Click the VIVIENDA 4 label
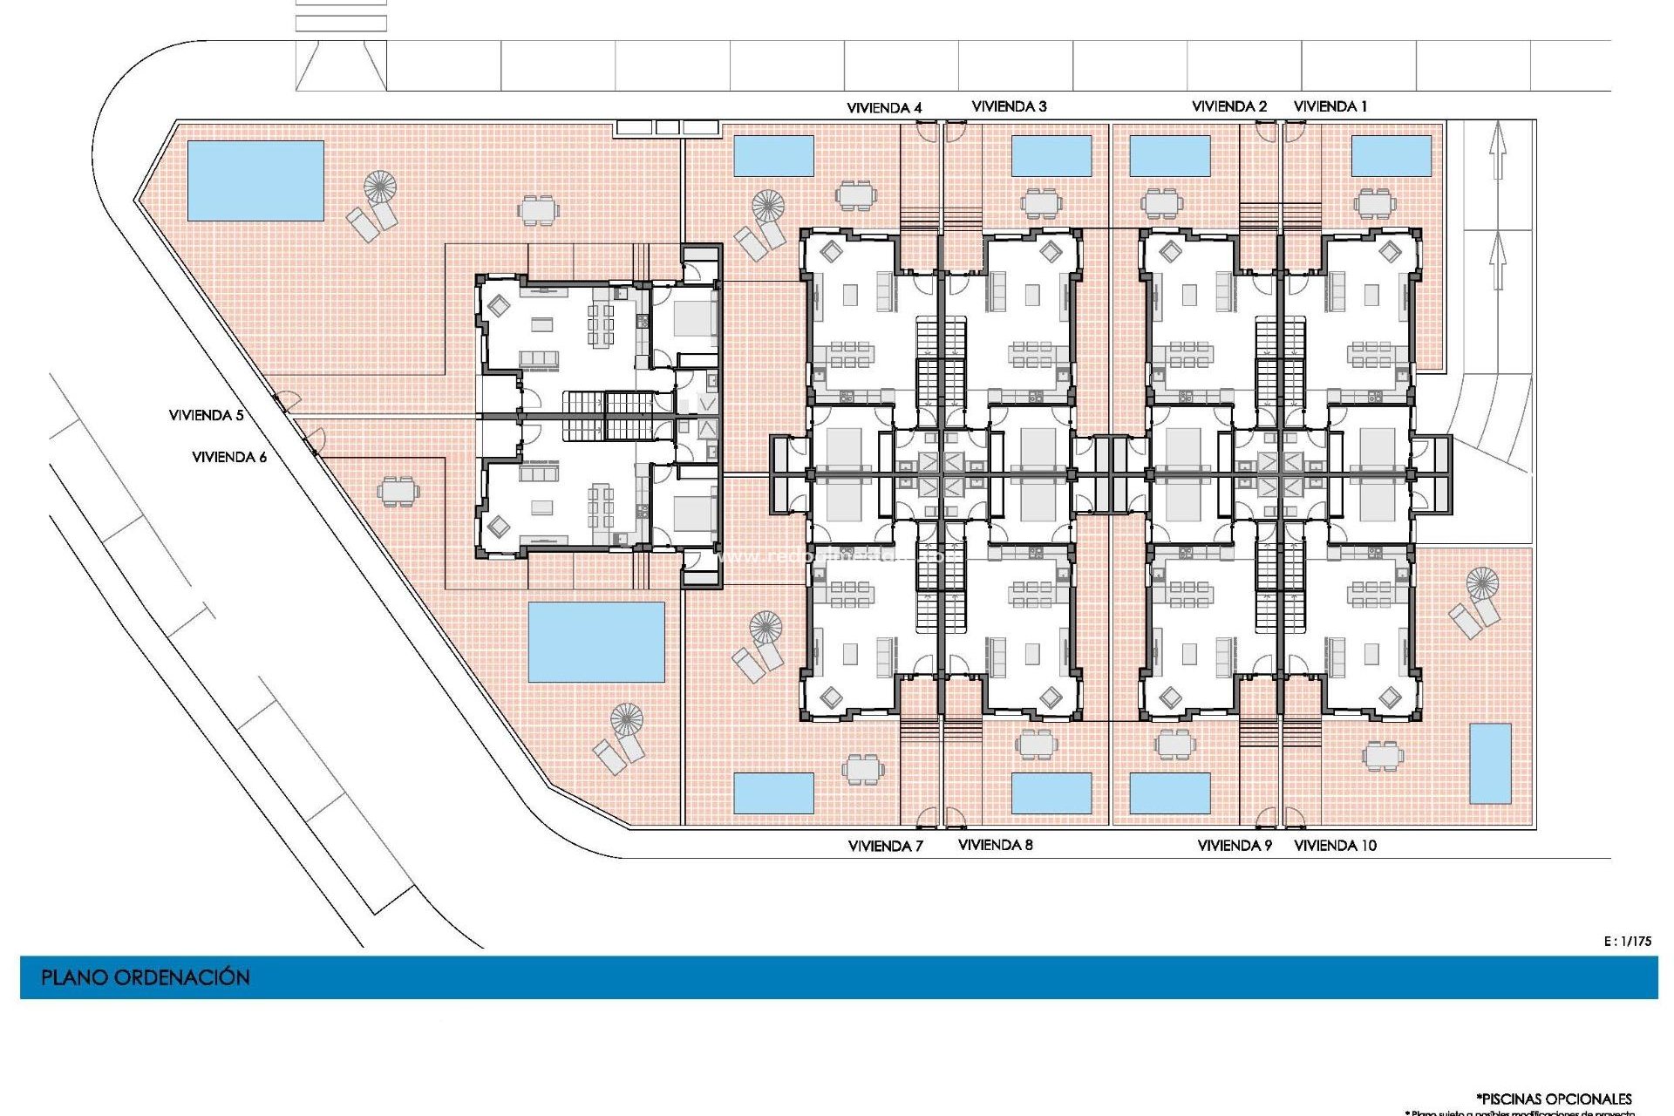pos(884,108)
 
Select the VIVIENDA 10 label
pos(1335,845)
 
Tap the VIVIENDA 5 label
pos(206,415)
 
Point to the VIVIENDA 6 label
pos(229,457)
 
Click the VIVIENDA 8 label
pos(995,845)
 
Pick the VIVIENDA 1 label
pos(1330,106)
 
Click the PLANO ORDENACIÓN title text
pos(146,977)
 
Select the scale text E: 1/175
pos(1627,941)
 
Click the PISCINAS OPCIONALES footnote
pos(1554,1099)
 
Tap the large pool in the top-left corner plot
pos(255,180)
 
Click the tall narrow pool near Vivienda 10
pos(1490,763)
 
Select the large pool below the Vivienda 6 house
pos(596,642)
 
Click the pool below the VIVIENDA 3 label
pos(1051,155)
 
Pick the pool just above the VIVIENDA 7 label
pos(773,793)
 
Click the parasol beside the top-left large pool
pos(380,187)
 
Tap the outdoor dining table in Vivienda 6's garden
pos(398,491)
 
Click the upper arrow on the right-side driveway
pos(1498,150)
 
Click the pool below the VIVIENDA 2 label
pos(1169,156)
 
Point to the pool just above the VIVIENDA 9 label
pos(1169,793)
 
